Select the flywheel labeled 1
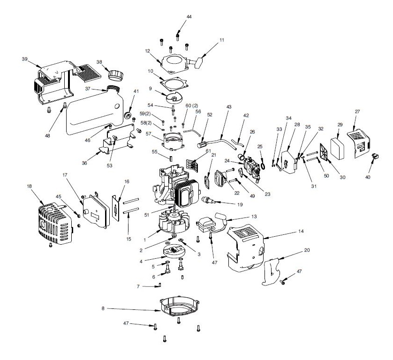tap(178, 221)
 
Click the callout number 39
tap(24, 59)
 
